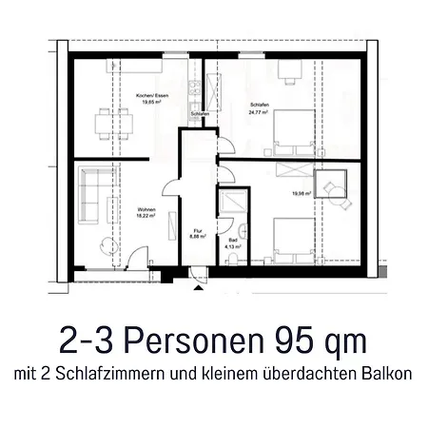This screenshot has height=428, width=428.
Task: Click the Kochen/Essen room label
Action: pyautogui.click(x=150, y=97)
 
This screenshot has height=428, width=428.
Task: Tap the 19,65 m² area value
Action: pyautogui.click(x=150, y=103)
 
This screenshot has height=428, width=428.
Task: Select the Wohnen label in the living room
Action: pyautogui.click(x=146, y=209)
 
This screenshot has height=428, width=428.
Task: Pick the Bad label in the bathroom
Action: pyautogui.click(x=232, y=240)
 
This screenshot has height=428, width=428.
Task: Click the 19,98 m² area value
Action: pyautogui.click(x=302, y=192)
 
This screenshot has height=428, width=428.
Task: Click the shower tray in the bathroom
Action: pyautogui.click(x=232, y=204)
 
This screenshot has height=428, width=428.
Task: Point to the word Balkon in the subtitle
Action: pyautogui.click(x=387, y=373)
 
